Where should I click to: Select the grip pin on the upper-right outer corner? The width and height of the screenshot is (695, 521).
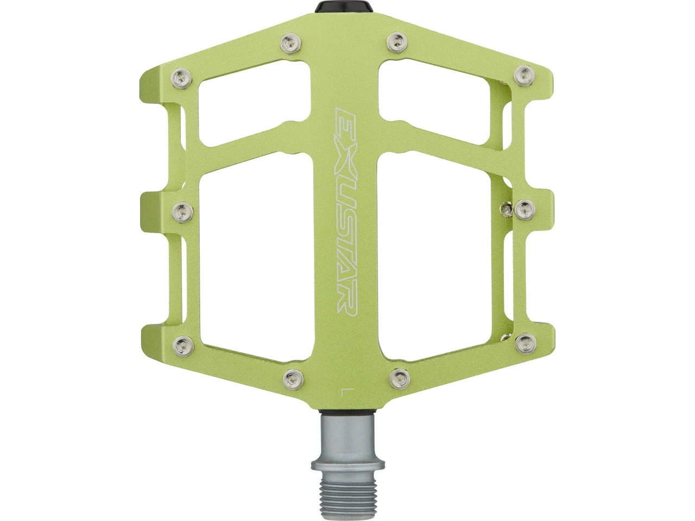(525, 74)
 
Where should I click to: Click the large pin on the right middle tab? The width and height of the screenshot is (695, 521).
(525, 208)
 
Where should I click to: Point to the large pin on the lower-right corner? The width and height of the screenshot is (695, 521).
(525, 342)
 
